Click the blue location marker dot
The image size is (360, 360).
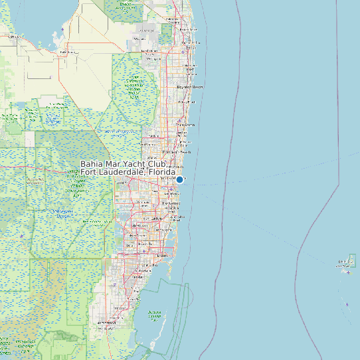point(179,179)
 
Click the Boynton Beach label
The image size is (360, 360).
point(190,87)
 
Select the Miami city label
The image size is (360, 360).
point(162,255)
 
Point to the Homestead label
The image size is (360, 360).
point(106,323)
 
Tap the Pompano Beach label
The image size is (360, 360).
point(182,152)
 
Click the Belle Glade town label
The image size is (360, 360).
point(66,52)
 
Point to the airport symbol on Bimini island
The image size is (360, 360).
point(348,271)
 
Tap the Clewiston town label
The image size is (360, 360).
point(13,37)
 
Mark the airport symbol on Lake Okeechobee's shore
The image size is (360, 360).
point(62,30)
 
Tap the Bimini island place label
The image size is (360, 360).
point(346,262)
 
